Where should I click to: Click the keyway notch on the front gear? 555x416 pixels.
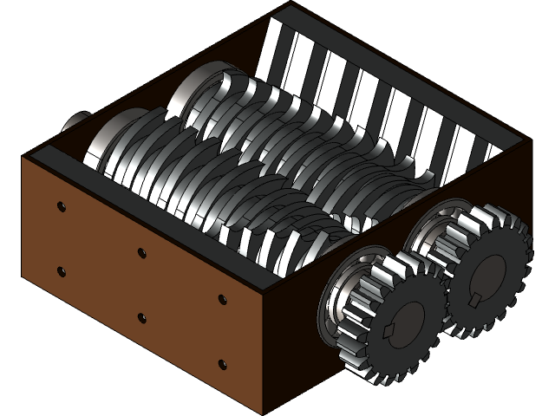[388, 332]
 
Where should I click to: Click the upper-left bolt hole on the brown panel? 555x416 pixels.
[60, 206]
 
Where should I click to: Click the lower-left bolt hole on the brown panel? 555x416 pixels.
[61, 271]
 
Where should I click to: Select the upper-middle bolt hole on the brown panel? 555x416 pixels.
[141, 253]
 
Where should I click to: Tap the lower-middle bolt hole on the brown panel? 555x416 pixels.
[141, 318]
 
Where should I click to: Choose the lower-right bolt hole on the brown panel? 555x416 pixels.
[222, 365]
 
